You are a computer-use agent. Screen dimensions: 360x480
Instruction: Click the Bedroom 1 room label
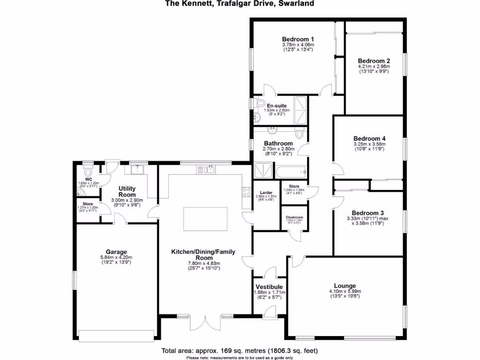(x=298, y=39)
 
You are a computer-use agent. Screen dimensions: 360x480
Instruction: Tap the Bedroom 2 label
(x=374, y=61)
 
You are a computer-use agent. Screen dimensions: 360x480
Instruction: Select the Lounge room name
(x=345, y=285)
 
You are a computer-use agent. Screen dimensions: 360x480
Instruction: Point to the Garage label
(x=116, y=252)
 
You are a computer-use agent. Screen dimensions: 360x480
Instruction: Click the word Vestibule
(x=269, y=286)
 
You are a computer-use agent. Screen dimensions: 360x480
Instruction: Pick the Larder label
(x=266, y=192)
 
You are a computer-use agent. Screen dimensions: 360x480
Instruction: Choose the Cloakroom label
(x=294, y=217)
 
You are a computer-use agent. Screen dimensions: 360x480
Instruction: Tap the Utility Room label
(x=127, y=191)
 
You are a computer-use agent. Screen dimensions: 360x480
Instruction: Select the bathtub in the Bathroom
(x=292, y=172)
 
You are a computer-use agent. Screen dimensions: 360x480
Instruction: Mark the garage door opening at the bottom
(x=116, y=335)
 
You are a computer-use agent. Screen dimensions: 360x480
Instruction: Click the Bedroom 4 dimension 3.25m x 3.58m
(x=369, y=145)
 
